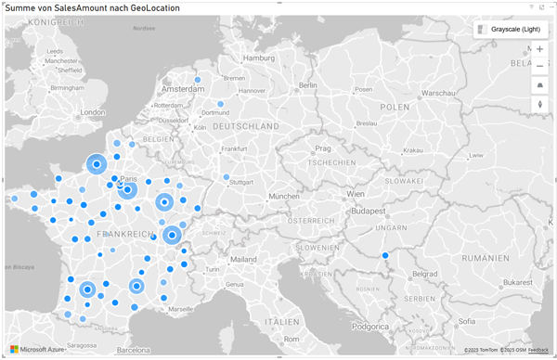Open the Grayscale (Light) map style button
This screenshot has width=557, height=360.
pos(509,30)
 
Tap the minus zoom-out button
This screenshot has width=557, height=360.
pos(540,66)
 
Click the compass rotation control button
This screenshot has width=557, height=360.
pos(540,104)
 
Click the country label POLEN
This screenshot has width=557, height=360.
pos(394,107)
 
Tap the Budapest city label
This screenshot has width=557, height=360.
pos(379,211)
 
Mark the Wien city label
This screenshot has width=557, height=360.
pos(355,194)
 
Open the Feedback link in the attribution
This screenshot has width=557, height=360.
pos(538,349)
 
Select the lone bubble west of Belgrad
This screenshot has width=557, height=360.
pos(385,256)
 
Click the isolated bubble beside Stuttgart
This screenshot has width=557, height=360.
pos(227,176)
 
